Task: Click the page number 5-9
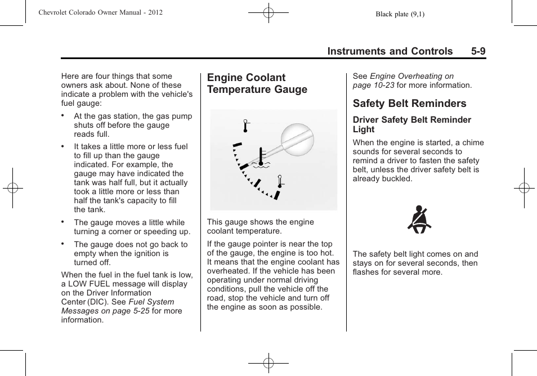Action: pyautogui.click(x=478, y=51)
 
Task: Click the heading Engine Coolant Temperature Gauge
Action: pyautogui.click(x=257, y=83)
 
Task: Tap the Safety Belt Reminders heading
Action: pyautogui.click(x=409, y=104)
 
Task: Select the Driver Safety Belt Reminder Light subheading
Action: pyautogui.click(x=411, y=124)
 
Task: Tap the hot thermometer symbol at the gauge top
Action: pyautogui.click(x=245, y=126)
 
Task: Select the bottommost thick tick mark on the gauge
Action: pyautogui.click(x=276, y=195)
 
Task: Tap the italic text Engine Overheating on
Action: pyautogui.click(x=411, y=76)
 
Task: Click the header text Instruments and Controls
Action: pyautogui.click(x=390, y=51)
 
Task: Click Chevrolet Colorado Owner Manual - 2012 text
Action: pyautogui.click(x=101, y=12)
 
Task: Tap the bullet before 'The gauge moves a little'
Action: pyautogui.click(x=64, y=222)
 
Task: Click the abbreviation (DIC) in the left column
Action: pyautogui.click(x=98, y=302)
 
